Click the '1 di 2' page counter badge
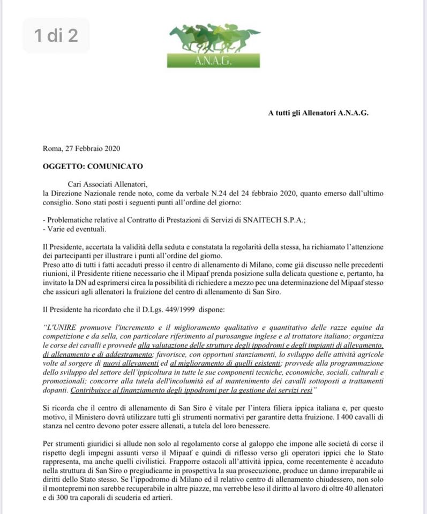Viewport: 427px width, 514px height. click(56, 35)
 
